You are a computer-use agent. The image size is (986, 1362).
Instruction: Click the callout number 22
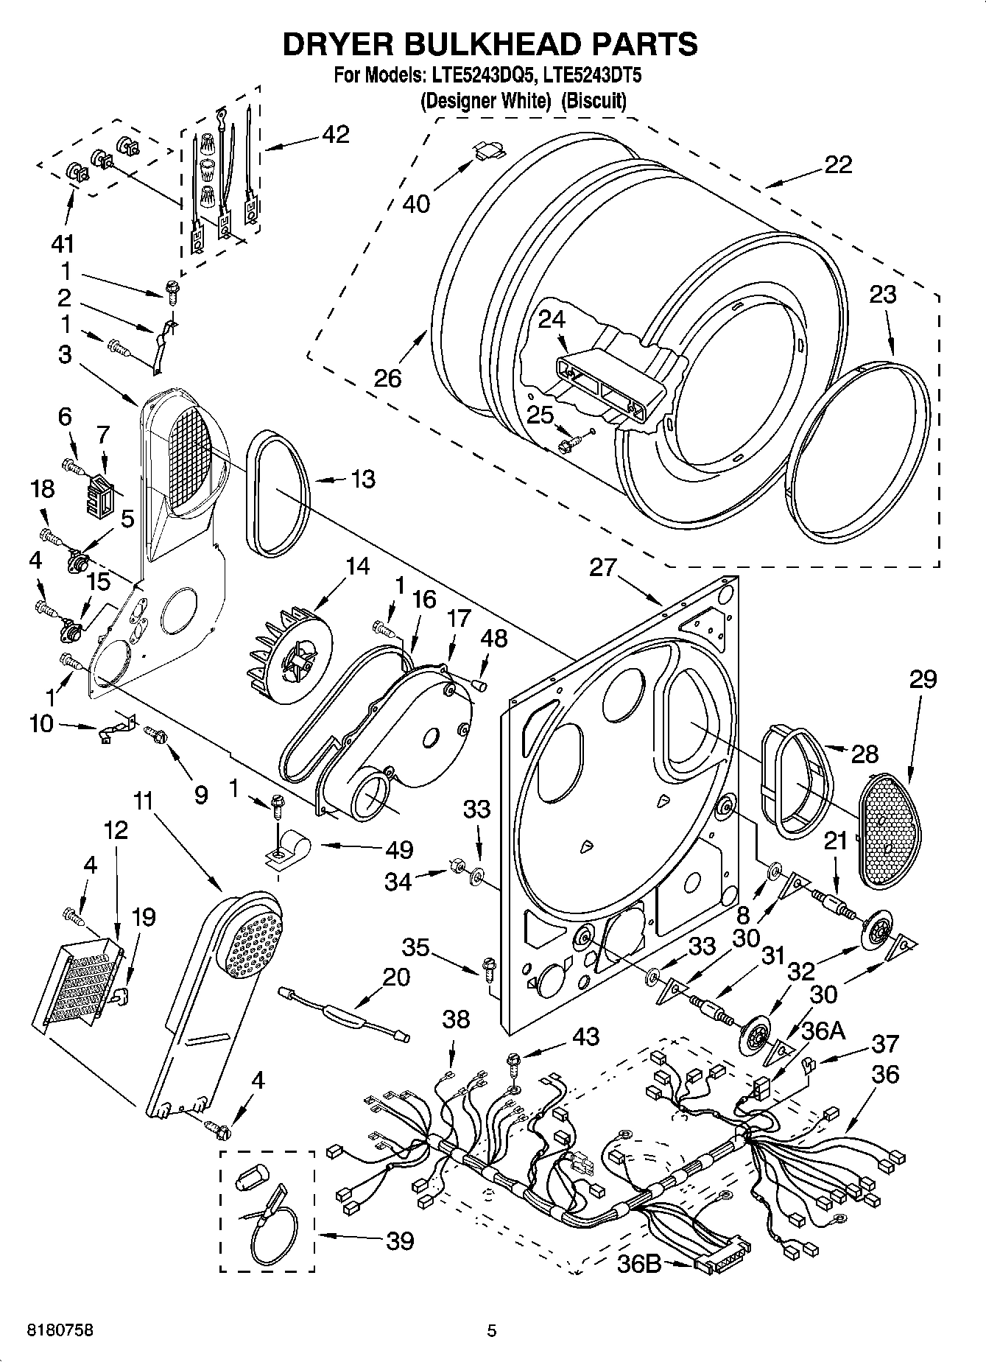tap(838, 164)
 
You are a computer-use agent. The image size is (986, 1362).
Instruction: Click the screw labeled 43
tap(513, 1061)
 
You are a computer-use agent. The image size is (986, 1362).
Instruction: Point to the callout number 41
tap(68, 243)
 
